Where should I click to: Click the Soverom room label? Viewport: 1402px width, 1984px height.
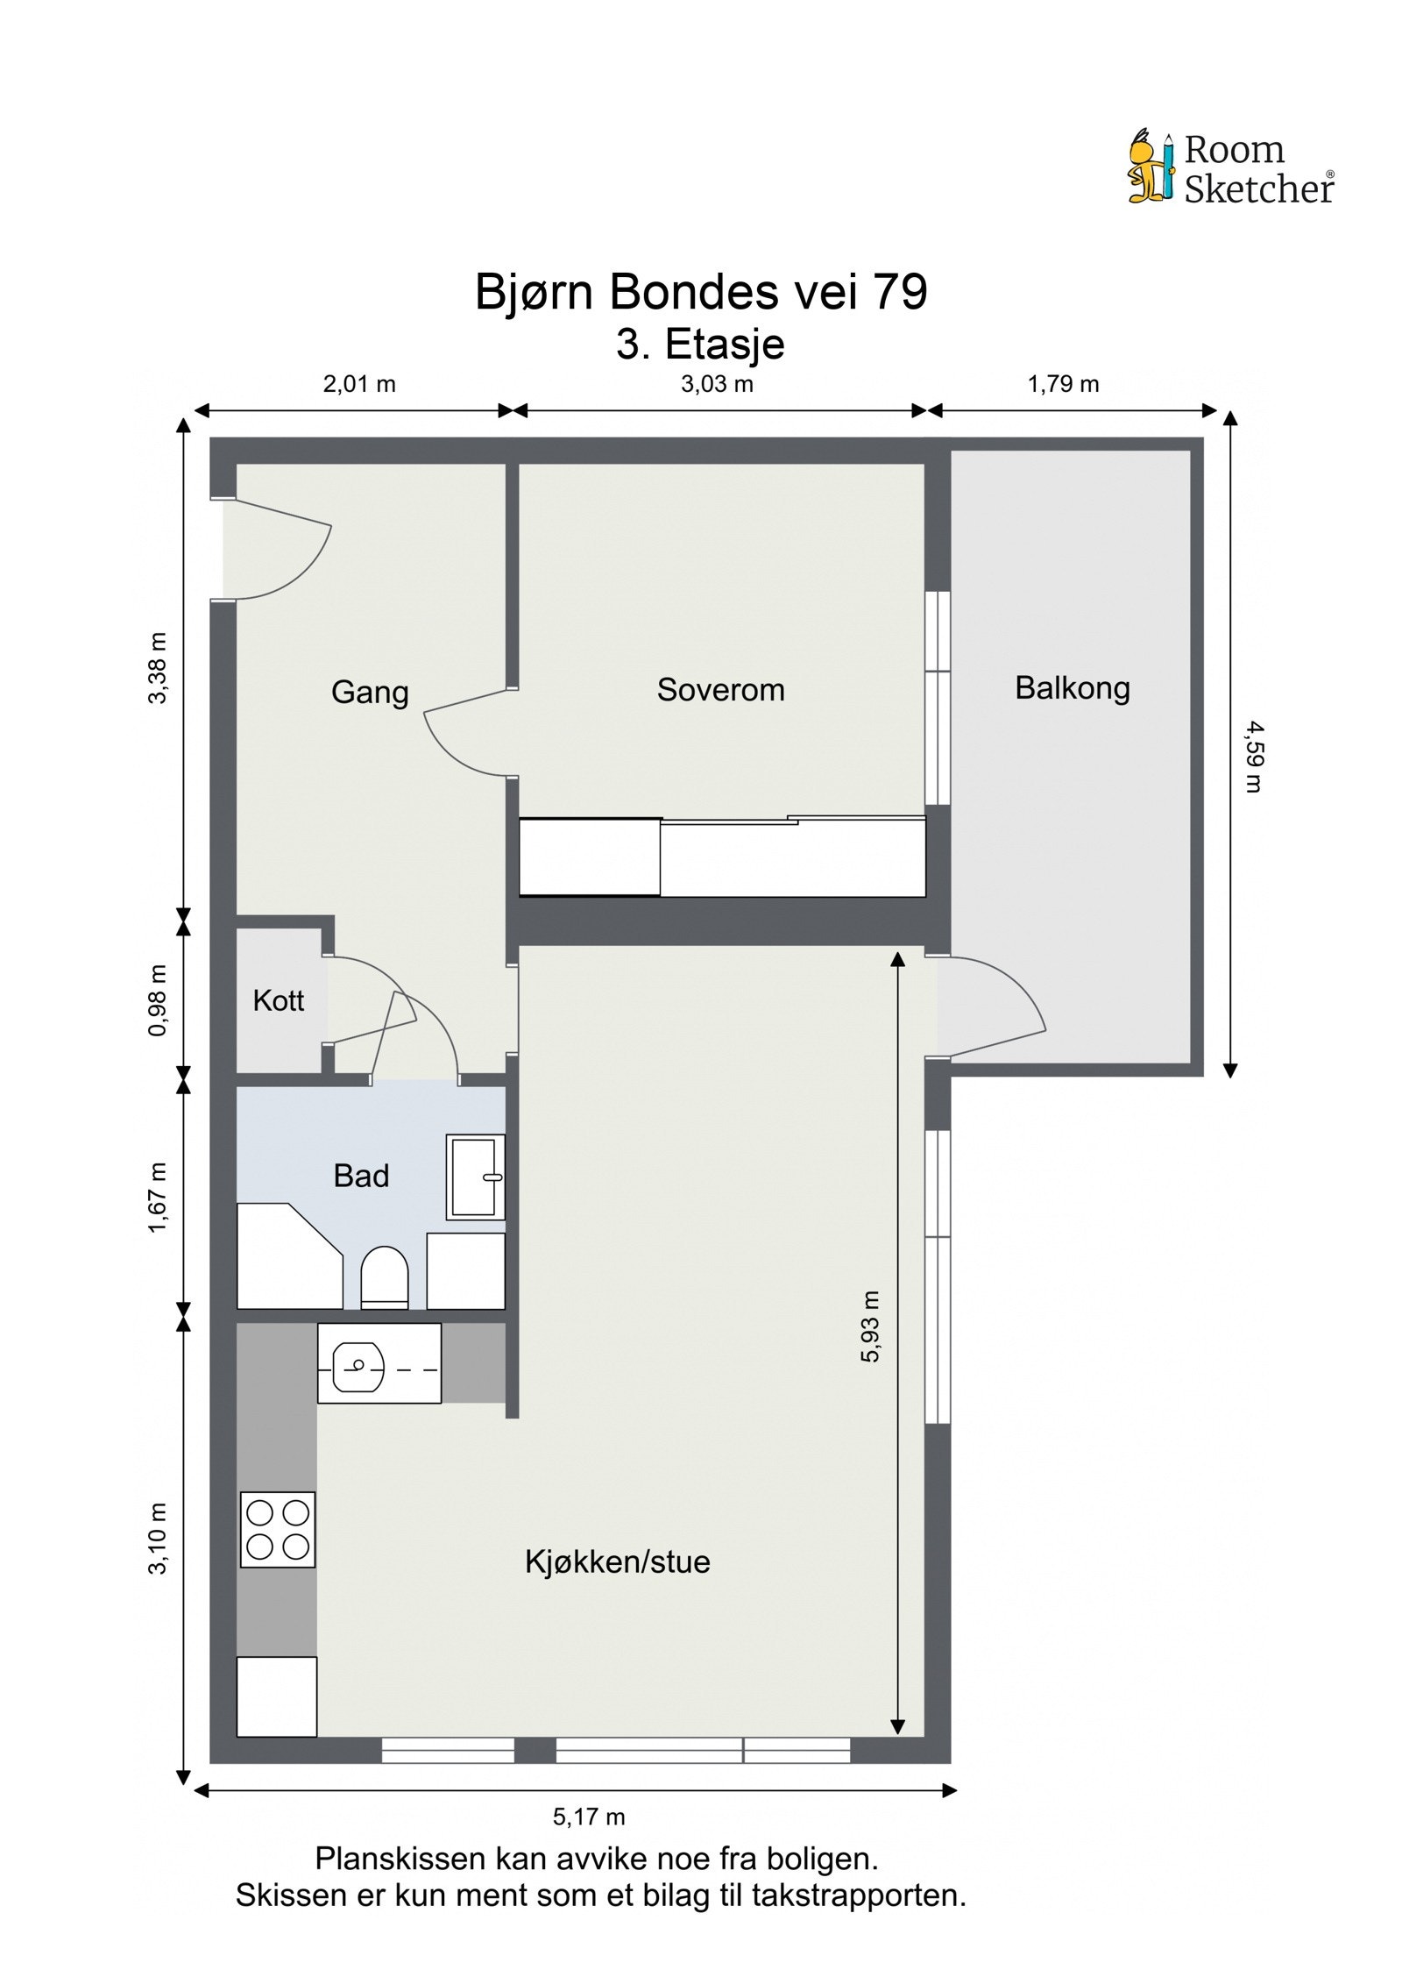[720, 690]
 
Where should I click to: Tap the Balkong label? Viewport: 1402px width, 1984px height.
[1072, 688]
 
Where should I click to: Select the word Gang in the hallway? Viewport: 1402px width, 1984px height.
[370, 692]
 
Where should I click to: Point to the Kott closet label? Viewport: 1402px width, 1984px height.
[278, 1000]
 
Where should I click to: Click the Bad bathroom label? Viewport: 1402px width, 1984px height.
[360, 1176]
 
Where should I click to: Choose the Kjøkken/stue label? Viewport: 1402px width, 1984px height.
[617, 1561]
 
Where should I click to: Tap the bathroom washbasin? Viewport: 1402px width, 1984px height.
[475, 1177]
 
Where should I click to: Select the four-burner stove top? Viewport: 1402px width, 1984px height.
[278, 1529]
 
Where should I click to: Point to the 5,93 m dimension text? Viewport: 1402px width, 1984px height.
[869, 1326]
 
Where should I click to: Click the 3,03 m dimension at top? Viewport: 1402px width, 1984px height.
[717, 384]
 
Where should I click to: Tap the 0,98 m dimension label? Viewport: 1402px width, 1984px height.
[158, 1000]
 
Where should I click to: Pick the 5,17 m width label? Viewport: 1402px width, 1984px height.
[589, 1817]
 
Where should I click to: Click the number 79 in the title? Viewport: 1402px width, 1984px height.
[899, 292]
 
